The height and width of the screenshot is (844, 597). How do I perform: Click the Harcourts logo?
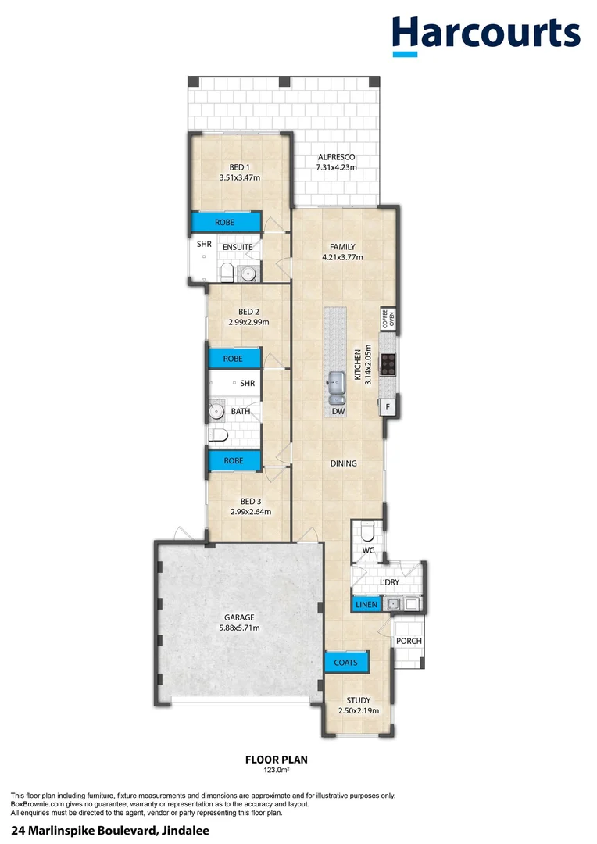point(486,35)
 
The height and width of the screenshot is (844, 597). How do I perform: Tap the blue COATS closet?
point(346,663)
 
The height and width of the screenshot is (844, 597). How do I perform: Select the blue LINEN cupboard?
point(366,604)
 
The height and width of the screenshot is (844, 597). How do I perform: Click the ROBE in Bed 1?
point(225,223)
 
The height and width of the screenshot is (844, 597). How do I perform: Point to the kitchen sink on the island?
point(337,384)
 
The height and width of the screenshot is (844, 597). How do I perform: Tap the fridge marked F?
point(387,406)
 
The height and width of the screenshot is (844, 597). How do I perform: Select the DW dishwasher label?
point(338,411)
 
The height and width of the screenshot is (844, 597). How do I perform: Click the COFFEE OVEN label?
point(388,318)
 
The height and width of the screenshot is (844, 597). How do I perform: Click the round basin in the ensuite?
point(248,273)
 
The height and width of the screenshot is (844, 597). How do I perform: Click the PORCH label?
point(409,641)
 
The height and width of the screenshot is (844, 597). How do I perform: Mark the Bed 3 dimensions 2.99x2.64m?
point(250,513)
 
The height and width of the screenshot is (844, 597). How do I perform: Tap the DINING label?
point(343,463)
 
